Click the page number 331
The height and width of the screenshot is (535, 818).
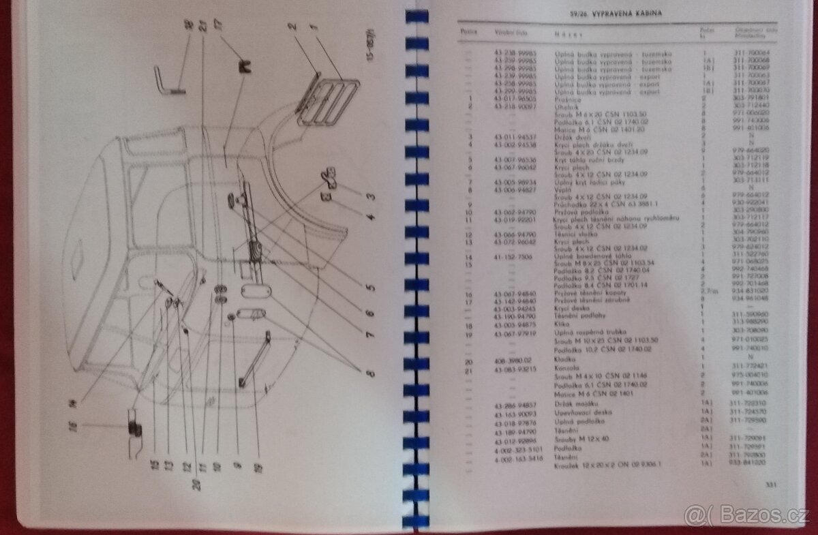point(772,485)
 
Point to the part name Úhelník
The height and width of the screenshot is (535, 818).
point(566,106)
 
